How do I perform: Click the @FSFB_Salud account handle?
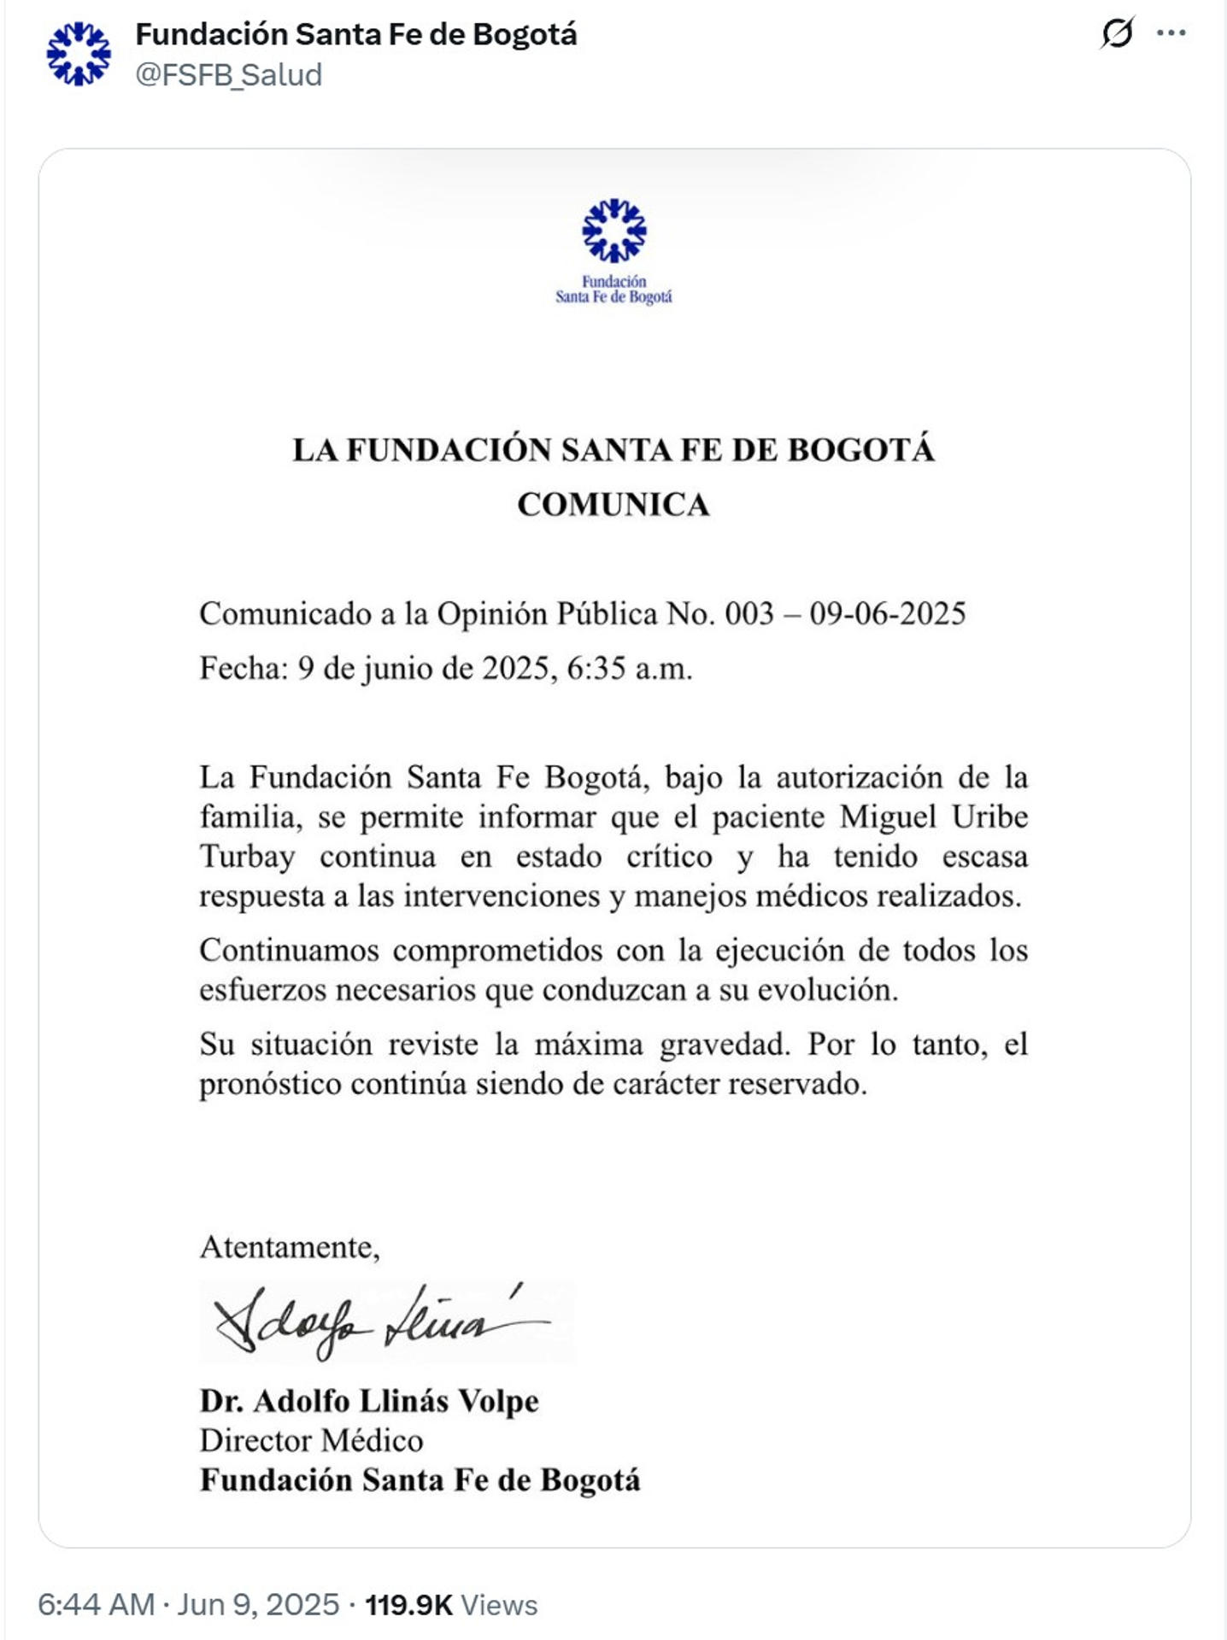pos(228,75)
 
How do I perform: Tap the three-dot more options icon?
pos(1171,33)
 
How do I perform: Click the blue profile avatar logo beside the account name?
pos(79,54)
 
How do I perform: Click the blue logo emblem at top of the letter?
pos(613,230)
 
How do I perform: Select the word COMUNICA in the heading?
pos(613,505)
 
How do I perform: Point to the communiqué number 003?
pos(749,613)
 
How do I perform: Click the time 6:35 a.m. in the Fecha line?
pos(629,668)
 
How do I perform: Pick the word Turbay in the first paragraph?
pos(247,856)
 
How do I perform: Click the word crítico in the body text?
pos(669,856)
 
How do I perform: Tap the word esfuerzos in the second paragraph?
pos(262,990)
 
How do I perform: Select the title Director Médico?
pos(311,1440)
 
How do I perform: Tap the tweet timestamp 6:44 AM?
pos(96,1605)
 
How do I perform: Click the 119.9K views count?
pos(408,1605)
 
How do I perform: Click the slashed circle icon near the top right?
pos(1117,33)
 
